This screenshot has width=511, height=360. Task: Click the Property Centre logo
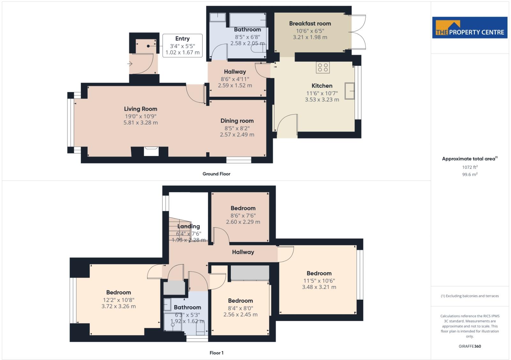(x=469, y=28)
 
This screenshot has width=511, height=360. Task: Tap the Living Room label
(x=141, y=109)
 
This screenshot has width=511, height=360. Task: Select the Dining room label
(x=237, y=121)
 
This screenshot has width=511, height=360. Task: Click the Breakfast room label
(x=310, y=23)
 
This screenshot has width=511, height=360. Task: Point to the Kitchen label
(x=322, y=86)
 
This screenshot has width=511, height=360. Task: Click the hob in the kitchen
(x=323, y=67)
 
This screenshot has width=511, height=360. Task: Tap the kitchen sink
(x=350, y=91)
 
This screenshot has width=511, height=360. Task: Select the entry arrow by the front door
(x=130, y=64)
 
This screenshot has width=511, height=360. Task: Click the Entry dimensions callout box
(x=182, y=46)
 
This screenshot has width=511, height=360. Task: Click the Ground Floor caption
(x=216, y=174)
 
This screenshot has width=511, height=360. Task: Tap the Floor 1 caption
(x=216, y=353)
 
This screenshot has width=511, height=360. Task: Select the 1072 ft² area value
(x=469, y=167)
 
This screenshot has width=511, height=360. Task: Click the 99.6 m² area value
(x=469, y=175)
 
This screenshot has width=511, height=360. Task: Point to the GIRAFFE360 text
(x=469, y=346)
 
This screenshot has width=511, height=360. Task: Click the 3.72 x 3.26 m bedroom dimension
(x=118, y=306)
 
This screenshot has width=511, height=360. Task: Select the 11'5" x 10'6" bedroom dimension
(x=319, y=281)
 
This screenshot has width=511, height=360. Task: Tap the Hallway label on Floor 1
(x=243, y=252)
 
